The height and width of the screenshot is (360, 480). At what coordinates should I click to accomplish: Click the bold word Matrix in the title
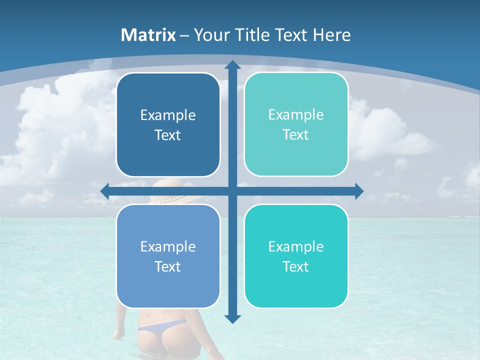pyautogui.click(x=148, y=35)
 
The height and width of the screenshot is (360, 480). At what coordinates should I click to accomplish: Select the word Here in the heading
pyautogui.click(x=331, y=35)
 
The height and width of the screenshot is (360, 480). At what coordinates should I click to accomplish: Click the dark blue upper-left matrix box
pyautogui.click(x=168, y=124)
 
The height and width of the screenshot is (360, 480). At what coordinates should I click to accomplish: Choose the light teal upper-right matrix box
pyautogui.click(x=296, y=124)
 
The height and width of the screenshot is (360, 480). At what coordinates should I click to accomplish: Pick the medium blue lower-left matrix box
pyautogui.click(x=168, y=256)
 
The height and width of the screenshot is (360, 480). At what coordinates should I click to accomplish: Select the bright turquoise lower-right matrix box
pyautogui.click(x=296, y=256)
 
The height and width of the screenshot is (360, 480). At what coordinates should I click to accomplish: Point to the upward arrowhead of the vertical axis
pyautogui.click(x=232, y=65)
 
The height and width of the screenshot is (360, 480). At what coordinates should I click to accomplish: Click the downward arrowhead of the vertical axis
pyautogui.click(x=232, y=318)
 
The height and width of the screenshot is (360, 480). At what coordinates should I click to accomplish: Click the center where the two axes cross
pyautogui.click(x=232, y=191)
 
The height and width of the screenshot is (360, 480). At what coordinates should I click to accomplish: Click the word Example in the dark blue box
pyautogui.click(x=168, y=115)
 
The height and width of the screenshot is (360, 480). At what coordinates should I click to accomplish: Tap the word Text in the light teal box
pyautogui.click(x=296, y=134)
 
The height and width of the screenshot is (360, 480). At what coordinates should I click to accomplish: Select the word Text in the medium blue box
pyautogui.click(x=168, y=266)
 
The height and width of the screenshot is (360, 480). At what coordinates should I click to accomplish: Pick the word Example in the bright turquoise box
pyautogui.click(x=296, y=246)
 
